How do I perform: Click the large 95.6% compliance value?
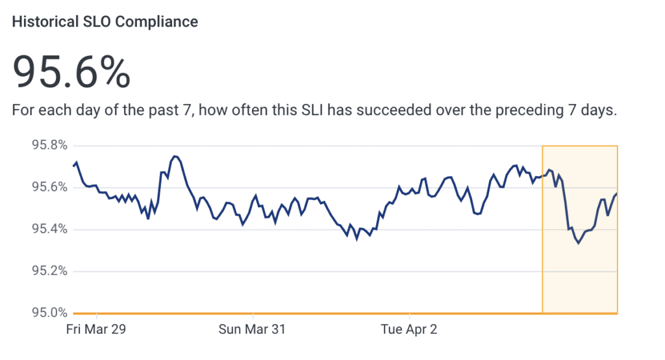pyautogui.click(x=71, y=71)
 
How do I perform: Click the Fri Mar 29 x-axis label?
pyautogui.click(x=96, y=329)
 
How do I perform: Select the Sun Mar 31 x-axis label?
pyautogui.click(x=252, y=329)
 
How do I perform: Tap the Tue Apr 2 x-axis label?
pyautogui.click(x=409, y=329)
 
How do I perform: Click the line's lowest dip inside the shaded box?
pyautogui.click(x=578, y=243)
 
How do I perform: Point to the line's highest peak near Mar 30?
pyautogui.click(x=175, y=157)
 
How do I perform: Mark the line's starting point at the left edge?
pyautogui.click(x=73, y=166)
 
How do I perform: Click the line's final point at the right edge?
pyautogui.click(x=616, y=194)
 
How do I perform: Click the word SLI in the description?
pyautogui.click(x=311, y=110)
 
